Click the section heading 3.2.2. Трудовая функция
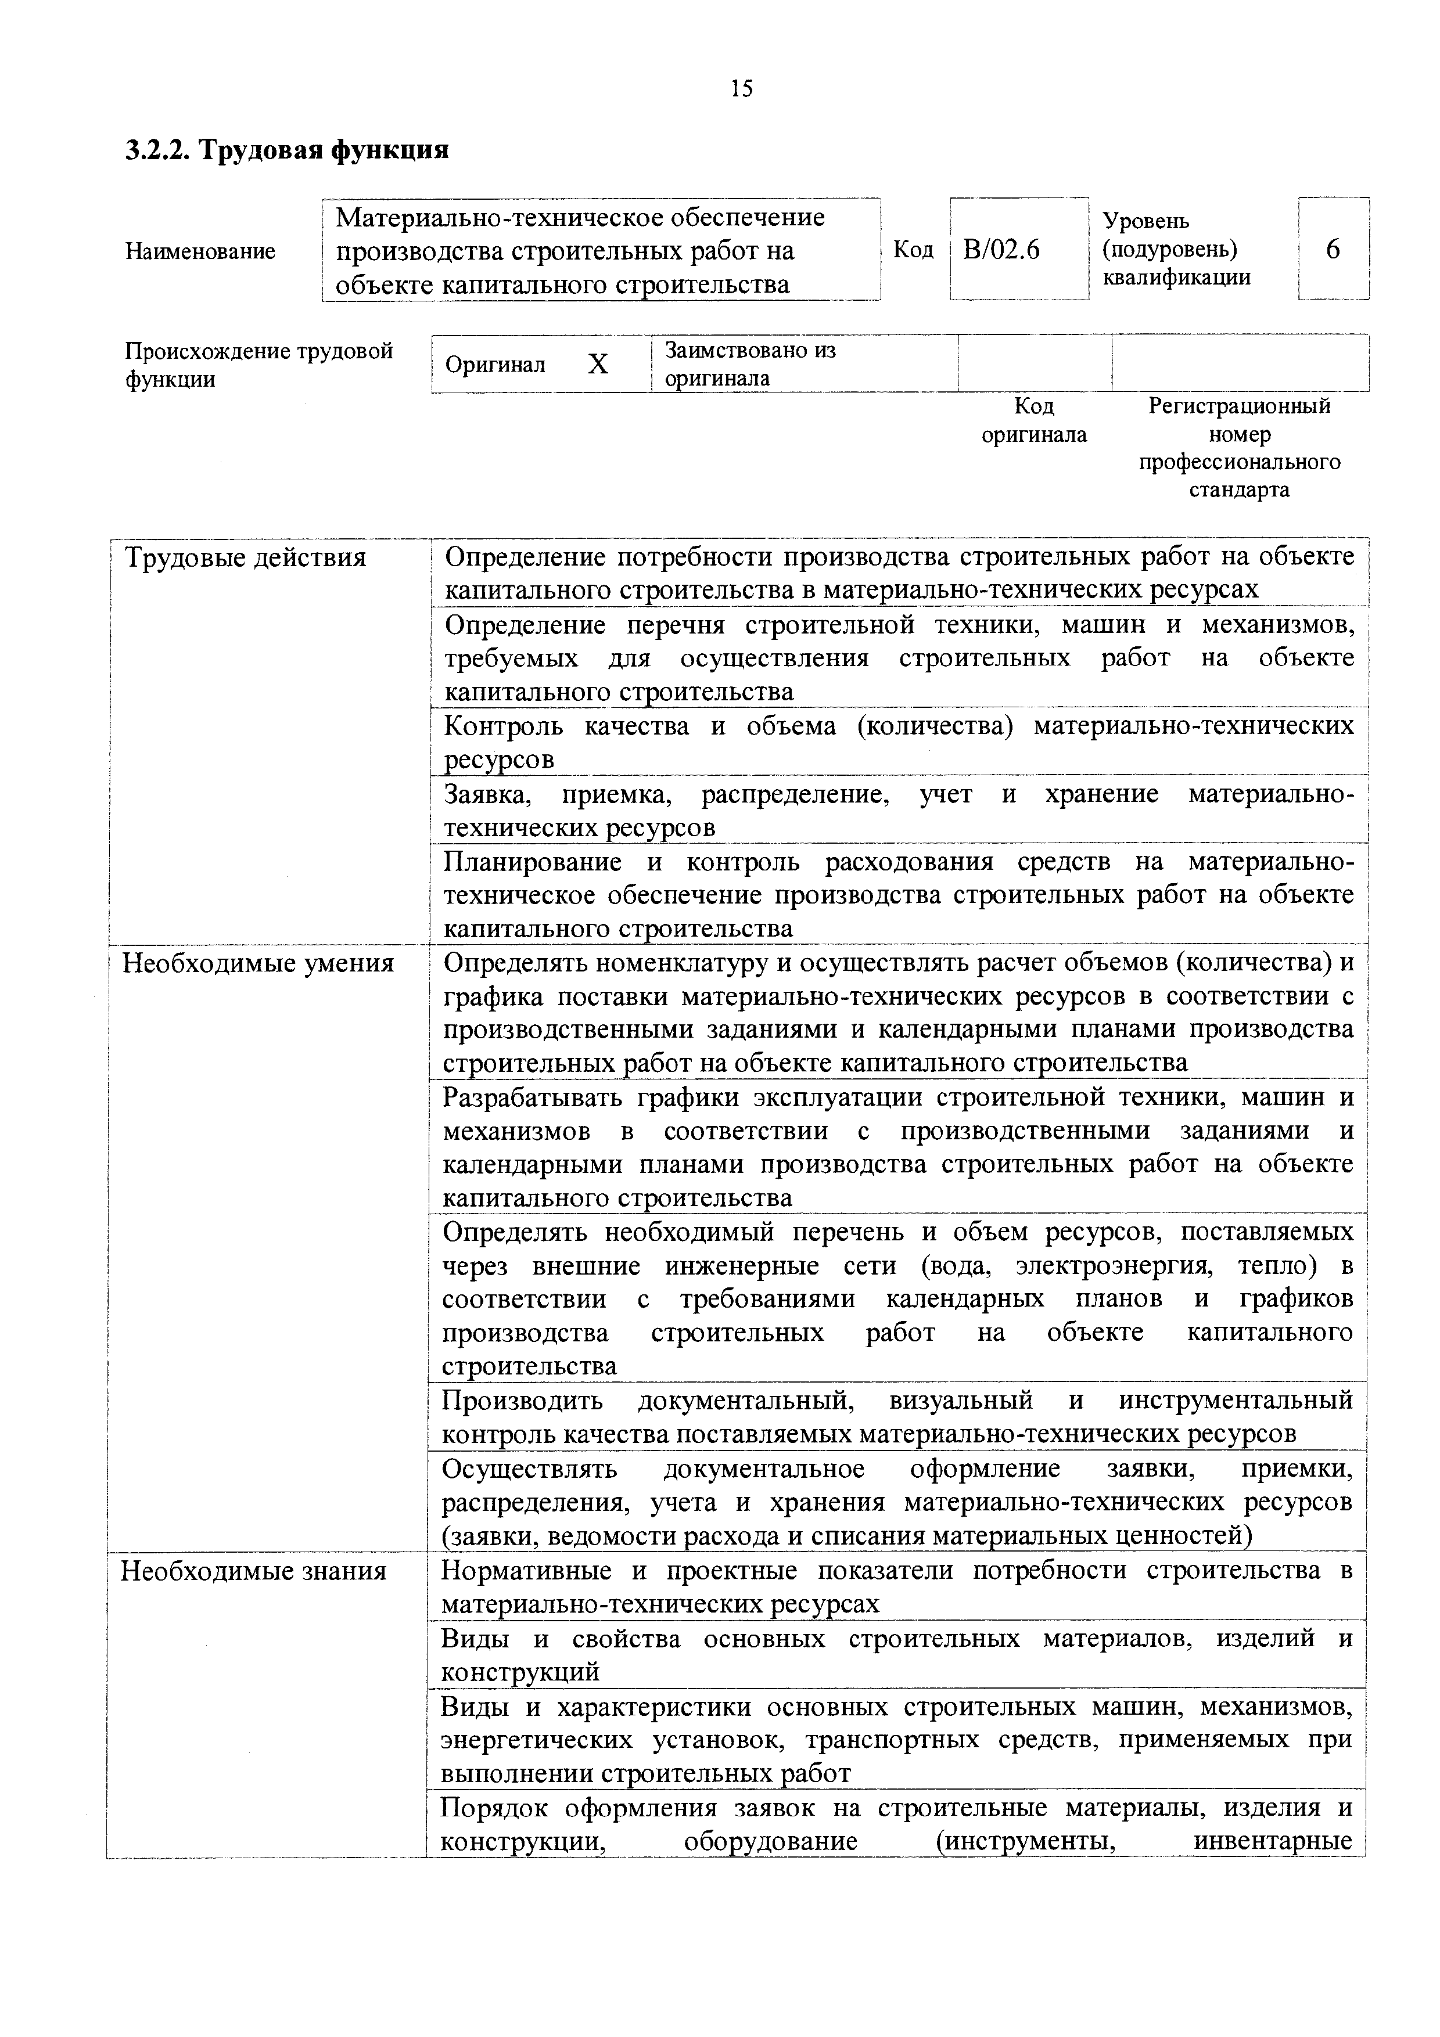click(286, 150)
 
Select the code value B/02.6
click(1001, 251)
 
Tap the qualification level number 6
click(1333, 251)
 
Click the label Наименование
click(200, 251)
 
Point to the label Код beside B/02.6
click(913, 251)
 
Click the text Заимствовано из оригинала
click(750, 364)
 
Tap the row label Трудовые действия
click(245, 558)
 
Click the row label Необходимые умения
click(258, 963)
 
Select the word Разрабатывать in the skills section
click(532, 1099)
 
